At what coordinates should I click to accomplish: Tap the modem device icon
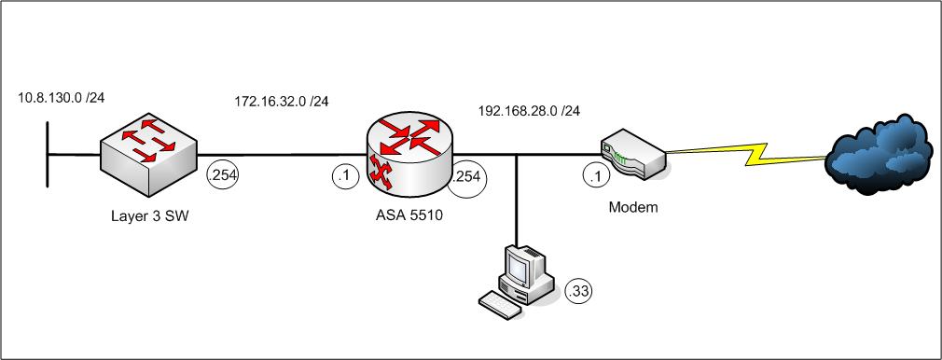click(x=632, y=154)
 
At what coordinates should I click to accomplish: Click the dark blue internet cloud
click(x=881, y=154)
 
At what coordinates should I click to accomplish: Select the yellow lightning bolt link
click(x=745, y=155)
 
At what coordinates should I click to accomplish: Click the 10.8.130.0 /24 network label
click(x=62, y=97)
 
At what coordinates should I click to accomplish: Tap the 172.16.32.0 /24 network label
click(x=281, y=101)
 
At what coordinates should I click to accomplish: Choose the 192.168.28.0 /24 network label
click(x=529, y=111)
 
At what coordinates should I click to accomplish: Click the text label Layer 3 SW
click(x=150, y=216)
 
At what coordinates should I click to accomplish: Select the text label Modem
click(x=633, y=208)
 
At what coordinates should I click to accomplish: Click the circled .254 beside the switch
click(x=222, y=175)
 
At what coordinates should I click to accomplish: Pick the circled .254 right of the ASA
click(x=467, y=178)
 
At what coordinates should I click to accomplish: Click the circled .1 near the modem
click(x=596, y=176)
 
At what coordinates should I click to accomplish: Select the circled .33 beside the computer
click(x=578, y=292)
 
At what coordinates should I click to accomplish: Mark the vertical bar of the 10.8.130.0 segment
click(x=47, y=155)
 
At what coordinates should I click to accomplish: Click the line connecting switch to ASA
click(x=282, y=155)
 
